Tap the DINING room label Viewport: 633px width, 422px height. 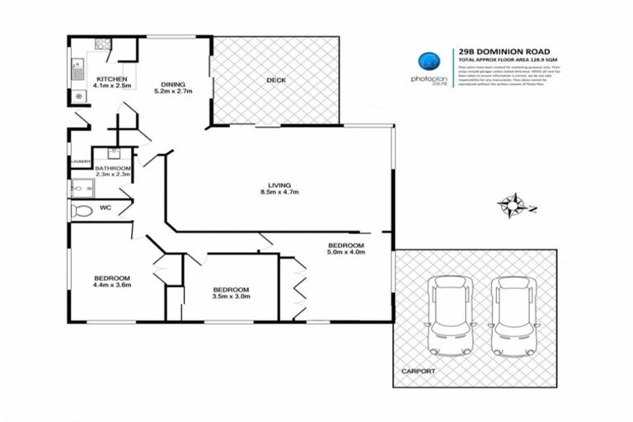pos(173,84)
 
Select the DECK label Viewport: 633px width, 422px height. pos(275,80)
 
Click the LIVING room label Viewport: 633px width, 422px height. pos(279,185)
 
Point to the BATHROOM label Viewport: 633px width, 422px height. pos(113,167)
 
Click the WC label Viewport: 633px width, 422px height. pos(105,209)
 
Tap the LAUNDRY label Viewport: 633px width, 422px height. pos(80,162)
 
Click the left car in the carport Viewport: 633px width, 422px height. pos(450,316)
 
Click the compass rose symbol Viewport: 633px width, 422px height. pos(513,204)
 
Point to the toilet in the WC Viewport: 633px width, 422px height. pos(82,211)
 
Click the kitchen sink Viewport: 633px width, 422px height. pos(77,67)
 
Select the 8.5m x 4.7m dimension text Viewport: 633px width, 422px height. pos(279,192)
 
